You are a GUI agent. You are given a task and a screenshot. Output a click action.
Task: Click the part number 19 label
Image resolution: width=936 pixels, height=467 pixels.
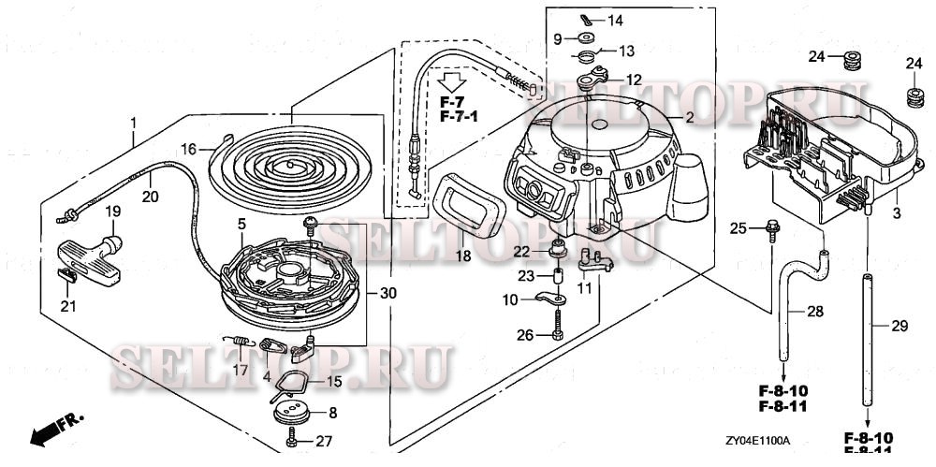tap(111, 212)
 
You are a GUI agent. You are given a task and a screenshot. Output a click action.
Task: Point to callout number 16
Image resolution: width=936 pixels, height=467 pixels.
tap(188, 149)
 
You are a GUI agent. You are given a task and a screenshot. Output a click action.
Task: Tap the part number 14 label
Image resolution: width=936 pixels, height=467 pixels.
tap(615, 20)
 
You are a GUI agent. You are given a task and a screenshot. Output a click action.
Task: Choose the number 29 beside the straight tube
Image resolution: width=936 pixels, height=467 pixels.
tap(899, 325)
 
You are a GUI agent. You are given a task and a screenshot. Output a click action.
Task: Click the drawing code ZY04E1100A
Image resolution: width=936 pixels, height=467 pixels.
tap(757, 440)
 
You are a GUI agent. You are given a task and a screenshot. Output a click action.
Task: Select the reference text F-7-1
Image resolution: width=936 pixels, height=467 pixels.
tap(459, 116)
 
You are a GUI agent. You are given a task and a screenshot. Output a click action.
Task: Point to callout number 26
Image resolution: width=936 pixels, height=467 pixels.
tap(525, 335)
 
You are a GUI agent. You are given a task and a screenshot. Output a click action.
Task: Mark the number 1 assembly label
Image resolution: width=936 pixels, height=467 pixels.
tap(134, 123)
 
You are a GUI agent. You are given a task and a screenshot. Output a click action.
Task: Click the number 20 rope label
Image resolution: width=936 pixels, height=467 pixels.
tap(150, 197)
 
